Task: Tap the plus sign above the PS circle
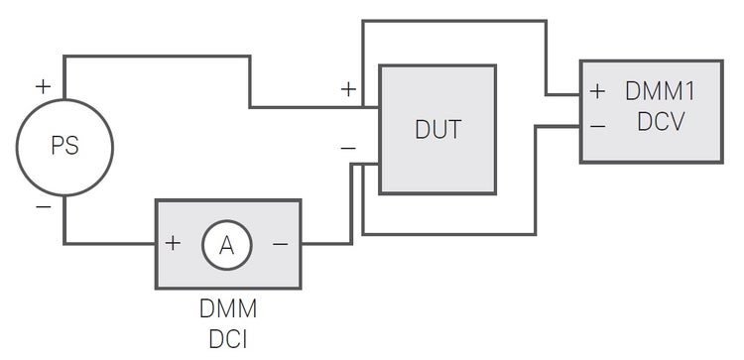point(43,86)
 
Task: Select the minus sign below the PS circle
point(43,206)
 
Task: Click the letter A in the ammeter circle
point(226,244)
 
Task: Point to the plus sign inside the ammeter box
point(174,244)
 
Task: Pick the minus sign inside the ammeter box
point(280,244)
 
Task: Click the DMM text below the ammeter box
point(227,308)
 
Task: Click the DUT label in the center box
point(437,130)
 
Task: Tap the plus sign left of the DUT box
point(348,88)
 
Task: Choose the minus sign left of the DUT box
point(348,148)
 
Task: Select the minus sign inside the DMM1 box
point(597,126)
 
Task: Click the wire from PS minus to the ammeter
point(109,243)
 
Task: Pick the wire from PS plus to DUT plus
point(159,57)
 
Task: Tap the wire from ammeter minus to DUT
point(327,243)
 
